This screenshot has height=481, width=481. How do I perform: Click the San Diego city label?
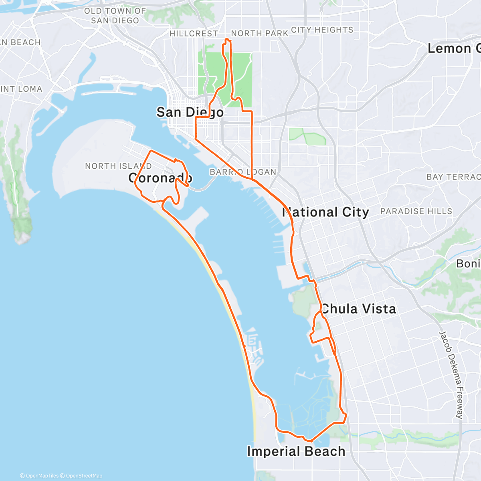190,112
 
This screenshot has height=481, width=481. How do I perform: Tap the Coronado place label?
160,178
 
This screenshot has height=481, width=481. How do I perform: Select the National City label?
325,212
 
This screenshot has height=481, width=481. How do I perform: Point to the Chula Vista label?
358,309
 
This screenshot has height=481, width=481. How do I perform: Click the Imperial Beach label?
296,451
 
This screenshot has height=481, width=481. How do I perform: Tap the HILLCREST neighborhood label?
194,34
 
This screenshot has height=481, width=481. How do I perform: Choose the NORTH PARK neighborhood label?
259,33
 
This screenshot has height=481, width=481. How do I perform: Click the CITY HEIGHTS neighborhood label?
322,30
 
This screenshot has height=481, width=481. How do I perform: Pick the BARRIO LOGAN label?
243,172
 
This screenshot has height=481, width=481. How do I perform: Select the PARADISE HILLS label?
416,211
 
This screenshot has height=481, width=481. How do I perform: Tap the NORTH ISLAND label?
118,166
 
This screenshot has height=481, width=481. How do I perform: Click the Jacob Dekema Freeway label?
451,375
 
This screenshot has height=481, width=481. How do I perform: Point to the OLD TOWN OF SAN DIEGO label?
115,16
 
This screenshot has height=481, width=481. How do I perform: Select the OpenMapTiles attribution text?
39,476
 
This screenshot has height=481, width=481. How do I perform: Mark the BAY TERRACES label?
453,177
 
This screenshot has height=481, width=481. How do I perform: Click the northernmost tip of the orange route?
228,39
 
